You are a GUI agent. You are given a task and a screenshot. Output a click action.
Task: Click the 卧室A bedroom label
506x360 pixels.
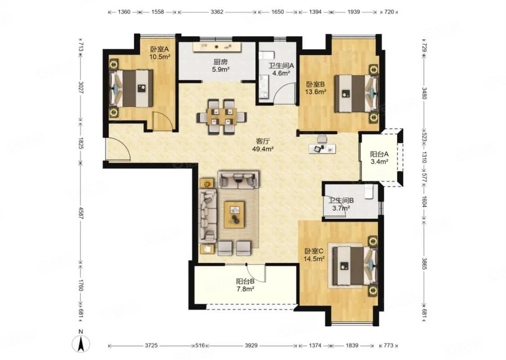point(159,49)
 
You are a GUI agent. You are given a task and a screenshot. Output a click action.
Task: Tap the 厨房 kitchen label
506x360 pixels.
point(220,62)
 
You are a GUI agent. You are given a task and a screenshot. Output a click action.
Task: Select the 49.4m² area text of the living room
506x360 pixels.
point(263,149)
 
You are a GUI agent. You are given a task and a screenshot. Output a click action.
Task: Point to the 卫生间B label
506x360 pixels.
point(341,201)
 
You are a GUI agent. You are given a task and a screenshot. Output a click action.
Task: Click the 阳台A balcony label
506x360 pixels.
point(379,154)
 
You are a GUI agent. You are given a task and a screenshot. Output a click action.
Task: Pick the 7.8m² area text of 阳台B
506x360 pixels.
point(245,289)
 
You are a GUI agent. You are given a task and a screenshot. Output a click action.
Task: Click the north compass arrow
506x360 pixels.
point(81,343)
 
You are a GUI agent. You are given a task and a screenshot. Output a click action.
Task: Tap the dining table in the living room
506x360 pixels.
point(222,116)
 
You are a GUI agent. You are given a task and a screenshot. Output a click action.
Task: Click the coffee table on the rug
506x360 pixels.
point(235,214)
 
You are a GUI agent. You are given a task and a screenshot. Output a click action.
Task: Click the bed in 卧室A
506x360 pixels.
point(131,88)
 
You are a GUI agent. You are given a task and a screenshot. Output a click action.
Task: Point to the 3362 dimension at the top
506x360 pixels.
point(217,12)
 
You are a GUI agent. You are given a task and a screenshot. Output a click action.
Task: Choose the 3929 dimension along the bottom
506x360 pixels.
point(251,346)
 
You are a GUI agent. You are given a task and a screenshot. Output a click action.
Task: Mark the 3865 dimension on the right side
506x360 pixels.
point(424,263)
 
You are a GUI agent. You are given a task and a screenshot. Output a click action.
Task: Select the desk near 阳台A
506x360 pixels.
point(322,148)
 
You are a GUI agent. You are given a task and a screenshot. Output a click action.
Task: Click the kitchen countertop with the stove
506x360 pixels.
point(217,47)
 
